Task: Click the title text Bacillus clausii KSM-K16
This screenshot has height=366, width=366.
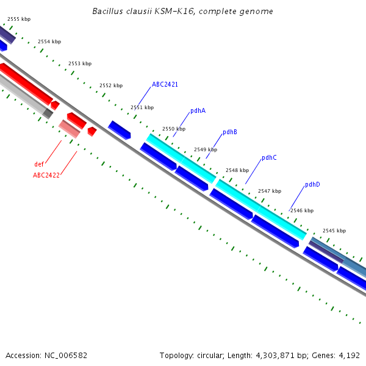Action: [x=183, y=12]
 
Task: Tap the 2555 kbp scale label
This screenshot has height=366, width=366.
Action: [x=19, y=19]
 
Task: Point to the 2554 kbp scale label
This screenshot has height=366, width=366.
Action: [x=49, y=41]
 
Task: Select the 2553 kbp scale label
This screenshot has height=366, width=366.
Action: [x=80, y=63]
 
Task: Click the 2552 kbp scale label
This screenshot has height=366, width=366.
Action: [x=111, y=85]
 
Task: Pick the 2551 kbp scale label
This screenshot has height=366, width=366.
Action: [x=142, y=107]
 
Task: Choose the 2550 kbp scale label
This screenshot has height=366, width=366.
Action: [x=174, y=129]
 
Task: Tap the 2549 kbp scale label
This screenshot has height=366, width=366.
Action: [x=206, y=149]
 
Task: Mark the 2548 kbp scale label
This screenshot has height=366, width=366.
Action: [x=237, y=170]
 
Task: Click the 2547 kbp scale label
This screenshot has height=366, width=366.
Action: [x=270, y=191]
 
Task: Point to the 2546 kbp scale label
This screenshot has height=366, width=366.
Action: [x=302, y=210]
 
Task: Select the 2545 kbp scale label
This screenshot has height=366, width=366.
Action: [x=334, y=231]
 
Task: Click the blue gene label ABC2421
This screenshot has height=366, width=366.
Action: [x=165, y=84]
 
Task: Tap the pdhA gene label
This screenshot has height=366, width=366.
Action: [x=198, y=110]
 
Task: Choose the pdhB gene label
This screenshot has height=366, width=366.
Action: [x=230, y=132]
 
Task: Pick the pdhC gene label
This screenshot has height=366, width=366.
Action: [x=269, y=157]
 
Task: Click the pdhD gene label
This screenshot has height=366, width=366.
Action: [x=312, y=184]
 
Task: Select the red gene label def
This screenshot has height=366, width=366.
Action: [x=39, y=164]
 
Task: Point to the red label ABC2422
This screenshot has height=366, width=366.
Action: [x=46, y=175]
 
